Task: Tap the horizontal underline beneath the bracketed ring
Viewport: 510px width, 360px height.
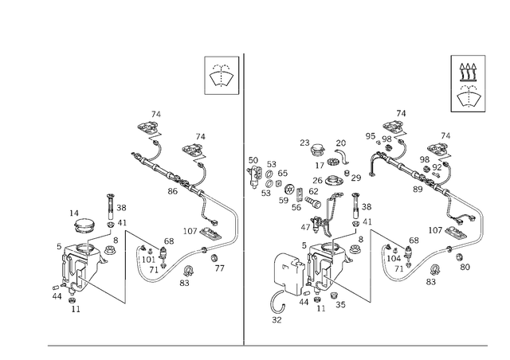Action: click(x=222, y=93)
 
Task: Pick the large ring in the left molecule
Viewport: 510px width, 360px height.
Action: click(x=151, y=260)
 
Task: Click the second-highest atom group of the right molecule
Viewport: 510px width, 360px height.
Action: click(x=437, y=151)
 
